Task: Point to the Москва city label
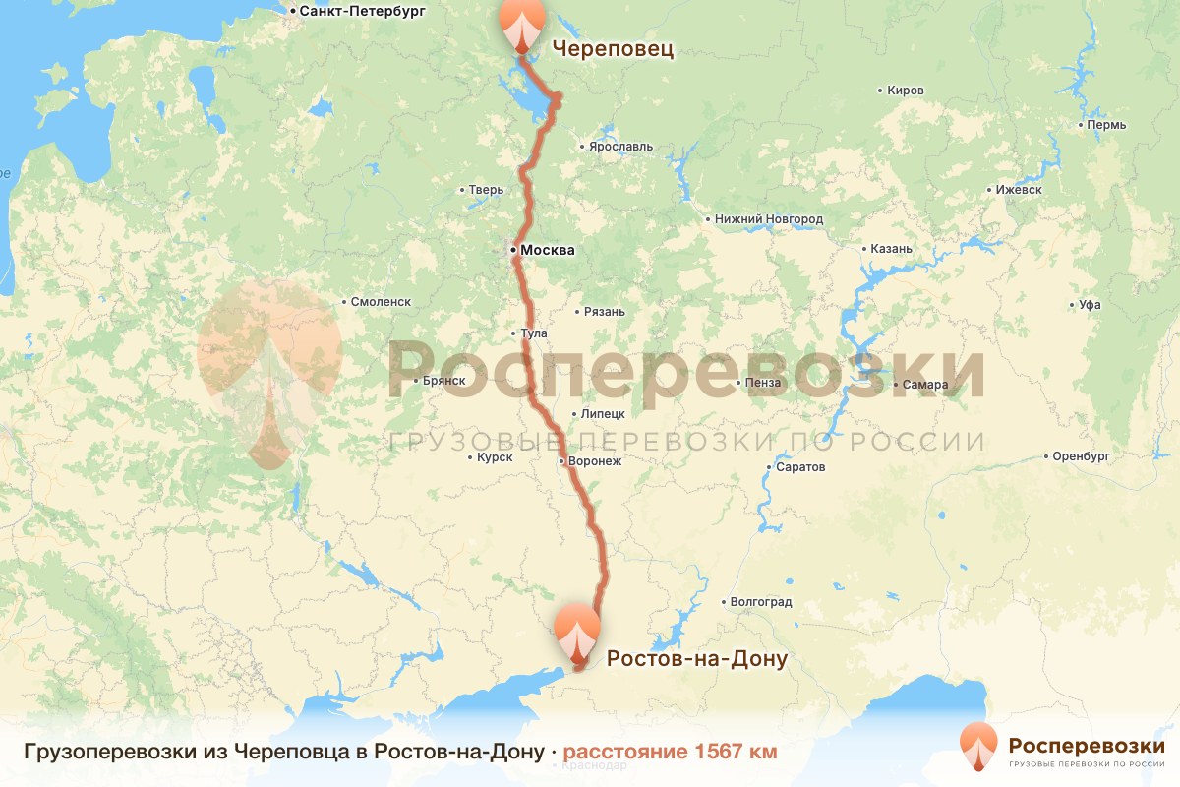coord(547,250)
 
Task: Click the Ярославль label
coord(620,147)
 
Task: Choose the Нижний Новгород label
coord(769,219)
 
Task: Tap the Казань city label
coord(892,249)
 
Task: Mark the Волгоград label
coord(760,602)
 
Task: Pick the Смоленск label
coord(381,302)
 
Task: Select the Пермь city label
coord(1106,125)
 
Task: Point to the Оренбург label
coord(1080,456)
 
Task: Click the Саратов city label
coord(799,467)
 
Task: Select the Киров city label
coord(905,91)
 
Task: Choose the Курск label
coord(494,457)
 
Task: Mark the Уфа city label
coord(1089,305)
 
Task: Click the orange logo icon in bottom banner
coord(978,747)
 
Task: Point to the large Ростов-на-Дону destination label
coord(696,658)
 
